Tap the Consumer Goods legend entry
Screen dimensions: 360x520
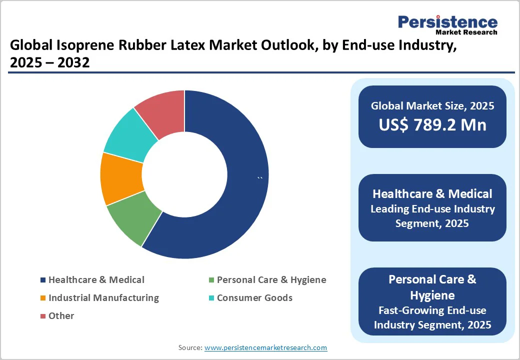coord(254,298)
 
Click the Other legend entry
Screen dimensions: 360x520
coord(61,316)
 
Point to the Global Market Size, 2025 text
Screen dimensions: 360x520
coord(432,105)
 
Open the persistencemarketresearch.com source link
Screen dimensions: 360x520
coord(266,347)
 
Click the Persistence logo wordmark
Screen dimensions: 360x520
coord(447,22)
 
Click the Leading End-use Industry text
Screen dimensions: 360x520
coord(432,209)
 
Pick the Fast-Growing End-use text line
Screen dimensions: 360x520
coord(432,311)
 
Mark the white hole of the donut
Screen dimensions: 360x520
coord(184,174)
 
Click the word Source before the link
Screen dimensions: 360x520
coord(189,347)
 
